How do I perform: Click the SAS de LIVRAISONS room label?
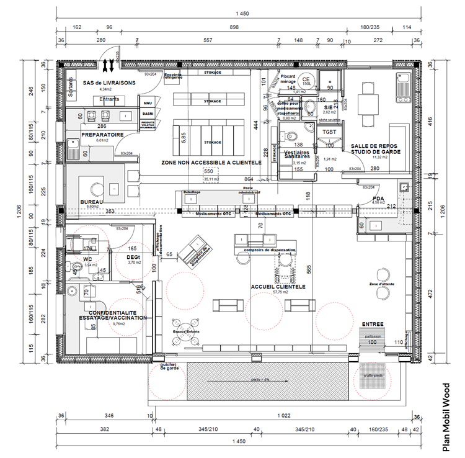[x=102, y=82]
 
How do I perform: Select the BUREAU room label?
[x=91, y=202]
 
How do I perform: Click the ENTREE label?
[x=373, y=324]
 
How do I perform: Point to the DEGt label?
[x=133, y=256]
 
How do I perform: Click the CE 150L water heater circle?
[x=305, y=80]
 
